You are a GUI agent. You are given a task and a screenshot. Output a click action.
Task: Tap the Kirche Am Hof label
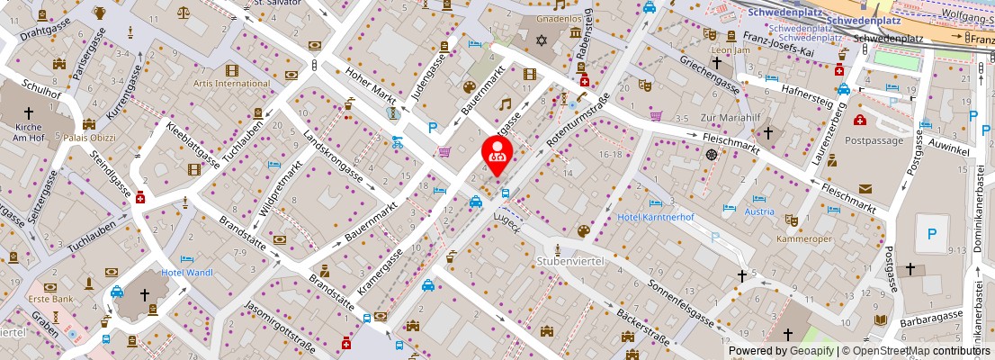28,131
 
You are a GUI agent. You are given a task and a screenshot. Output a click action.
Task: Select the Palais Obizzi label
88,138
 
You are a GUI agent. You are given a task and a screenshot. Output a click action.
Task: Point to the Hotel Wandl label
186,273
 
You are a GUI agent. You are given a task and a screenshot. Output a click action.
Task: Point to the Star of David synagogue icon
542,40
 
